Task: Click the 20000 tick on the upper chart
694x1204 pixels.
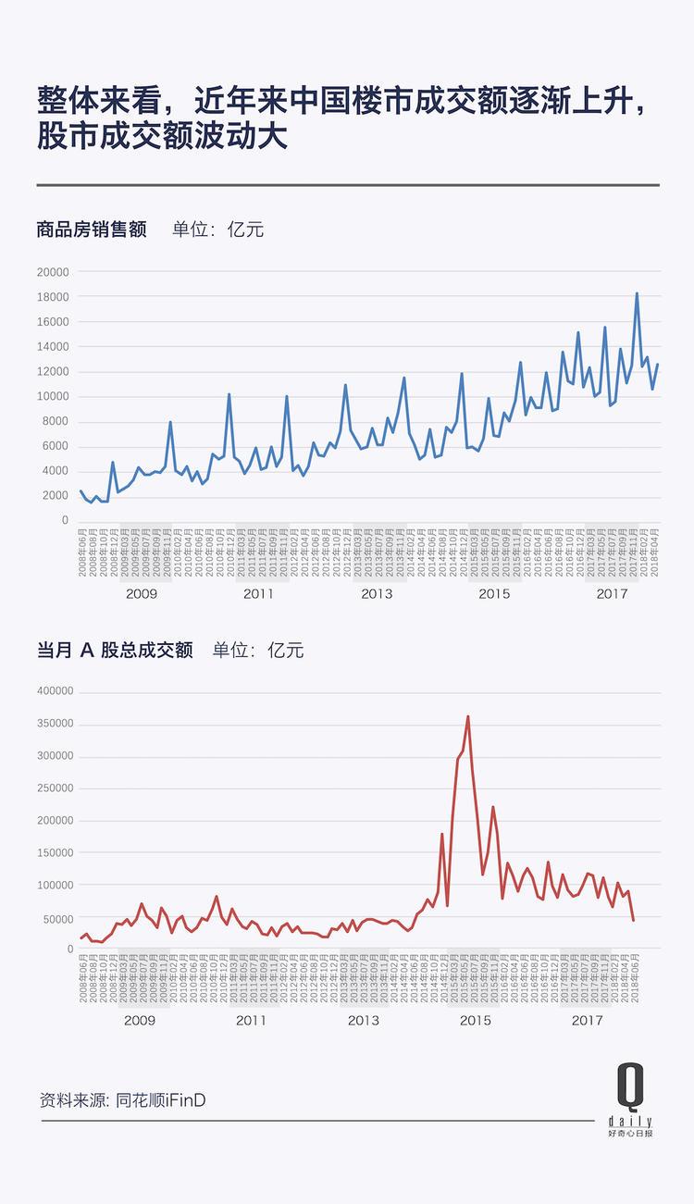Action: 52,272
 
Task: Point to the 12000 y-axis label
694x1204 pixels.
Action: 52,371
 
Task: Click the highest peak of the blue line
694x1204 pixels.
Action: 637,293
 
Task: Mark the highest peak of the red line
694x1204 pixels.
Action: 468,716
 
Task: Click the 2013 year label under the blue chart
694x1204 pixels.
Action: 377,593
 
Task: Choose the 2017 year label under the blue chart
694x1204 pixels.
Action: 613,593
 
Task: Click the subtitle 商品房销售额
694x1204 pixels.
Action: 92,229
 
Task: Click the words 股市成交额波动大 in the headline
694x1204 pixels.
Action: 163,136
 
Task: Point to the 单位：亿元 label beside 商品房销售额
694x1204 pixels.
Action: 217,229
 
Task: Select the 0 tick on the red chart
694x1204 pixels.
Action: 68,949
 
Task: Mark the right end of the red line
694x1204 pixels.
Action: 634,920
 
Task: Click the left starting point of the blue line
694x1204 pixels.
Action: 81,491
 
